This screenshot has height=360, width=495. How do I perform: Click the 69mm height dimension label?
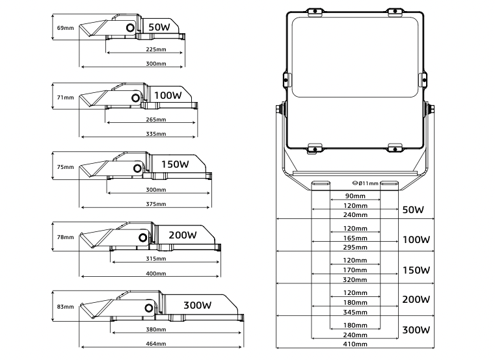pyautogui.click(x=66, y=28)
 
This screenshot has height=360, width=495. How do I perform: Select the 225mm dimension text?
pyautogui.click(x=155, y=49)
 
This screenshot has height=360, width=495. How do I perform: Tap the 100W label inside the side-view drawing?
pyautogui.click(x=168, y=95)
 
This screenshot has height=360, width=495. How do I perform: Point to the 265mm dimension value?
pyautogui.click(x=156, y=120)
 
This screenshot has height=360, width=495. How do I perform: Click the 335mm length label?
pyautogui.click(x=156, y=135)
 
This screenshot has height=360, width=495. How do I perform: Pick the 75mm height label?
pyautogui.click(x=66, y=167)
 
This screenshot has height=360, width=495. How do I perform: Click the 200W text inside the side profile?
pyautogui.click(x=182, y=235)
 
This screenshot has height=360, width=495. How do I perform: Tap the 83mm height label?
pyautogui.click(x=66, y=306)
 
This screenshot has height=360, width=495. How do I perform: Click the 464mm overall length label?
pyautogui.click(x=156, y=344)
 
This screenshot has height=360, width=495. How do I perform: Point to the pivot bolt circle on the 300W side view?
pyautogui.click(x=150, y=309)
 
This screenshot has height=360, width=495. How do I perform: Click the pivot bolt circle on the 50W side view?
pyautogui.click(x=131, y=28)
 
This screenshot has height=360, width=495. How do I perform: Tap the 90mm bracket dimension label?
pyautogui.click(x=355, y=196)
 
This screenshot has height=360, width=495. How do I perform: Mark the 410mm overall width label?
pyautogui.click(x=355, y=344)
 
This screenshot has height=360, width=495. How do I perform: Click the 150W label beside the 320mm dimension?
pyautogui.click(x=417, y=270)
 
